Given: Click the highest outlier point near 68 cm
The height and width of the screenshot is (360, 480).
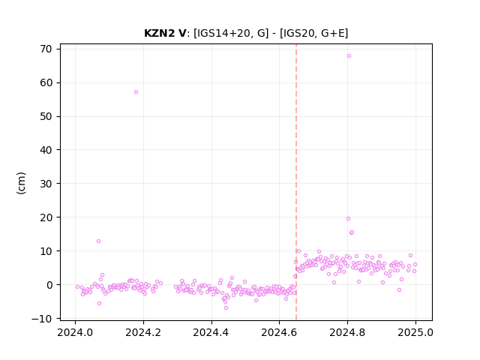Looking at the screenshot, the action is coord(349,56).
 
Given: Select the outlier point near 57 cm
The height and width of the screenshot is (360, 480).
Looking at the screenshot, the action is coord(136,91).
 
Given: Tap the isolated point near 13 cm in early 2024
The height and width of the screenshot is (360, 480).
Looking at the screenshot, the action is coord(98,241).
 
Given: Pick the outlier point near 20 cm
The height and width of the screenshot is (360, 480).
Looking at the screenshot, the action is coord(348,218).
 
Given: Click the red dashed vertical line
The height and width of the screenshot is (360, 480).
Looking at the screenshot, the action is coord(296,182).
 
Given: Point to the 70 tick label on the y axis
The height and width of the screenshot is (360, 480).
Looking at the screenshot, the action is coord(46,49).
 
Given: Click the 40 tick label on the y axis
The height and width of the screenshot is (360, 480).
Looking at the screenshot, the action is coord(46,150).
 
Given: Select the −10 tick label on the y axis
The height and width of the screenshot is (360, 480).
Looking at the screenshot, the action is coord(42,319).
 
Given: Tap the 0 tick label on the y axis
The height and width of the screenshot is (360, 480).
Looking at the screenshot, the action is coord(49,285).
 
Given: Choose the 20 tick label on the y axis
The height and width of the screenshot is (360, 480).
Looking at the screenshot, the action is coord(46,217).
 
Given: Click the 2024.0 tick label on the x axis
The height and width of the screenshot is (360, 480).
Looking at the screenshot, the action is coord(75,332).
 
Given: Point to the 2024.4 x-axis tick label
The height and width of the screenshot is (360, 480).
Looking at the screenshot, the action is coord(211,332).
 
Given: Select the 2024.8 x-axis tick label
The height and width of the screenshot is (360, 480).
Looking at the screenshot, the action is coord(347,332).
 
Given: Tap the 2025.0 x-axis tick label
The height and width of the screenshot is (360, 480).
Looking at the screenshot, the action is coord(415,332).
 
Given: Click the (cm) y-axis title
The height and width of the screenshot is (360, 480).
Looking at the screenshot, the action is coord(22,183).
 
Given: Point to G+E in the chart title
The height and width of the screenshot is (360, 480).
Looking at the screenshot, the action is coord(332,33).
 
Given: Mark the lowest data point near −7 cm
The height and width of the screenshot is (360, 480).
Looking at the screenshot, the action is coord(226,307).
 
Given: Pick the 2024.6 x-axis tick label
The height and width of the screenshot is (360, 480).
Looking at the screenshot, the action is coord(279,332).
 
